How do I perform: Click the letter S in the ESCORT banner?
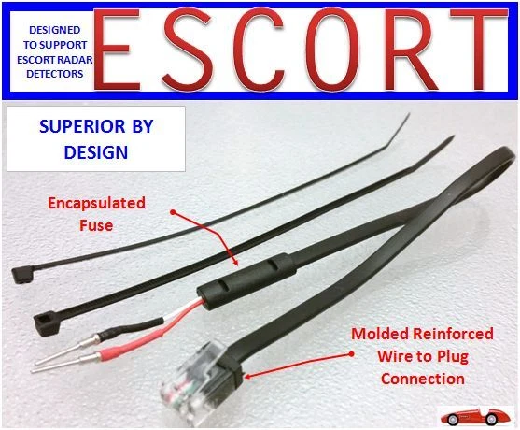coord(187,49)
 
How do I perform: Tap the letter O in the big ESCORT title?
coord(332,49)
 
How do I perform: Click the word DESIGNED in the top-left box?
coord(55,30)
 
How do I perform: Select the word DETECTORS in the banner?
coord(55,74)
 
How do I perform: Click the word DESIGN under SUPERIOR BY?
coord(96,152)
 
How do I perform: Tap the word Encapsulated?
coord(96,203)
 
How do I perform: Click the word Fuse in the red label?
coord(96,225)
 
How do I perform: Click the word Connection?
coord(423,379)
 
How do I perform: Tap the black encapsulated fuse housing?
coord(246,281)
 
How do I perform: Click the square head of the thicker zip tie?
coord(46,323)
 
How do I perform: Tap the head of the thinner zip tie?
coord(22,275)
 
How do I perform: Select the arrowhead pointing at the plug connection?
coord(249,376)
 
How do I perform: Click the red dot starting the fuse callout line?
coord(173,212)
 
